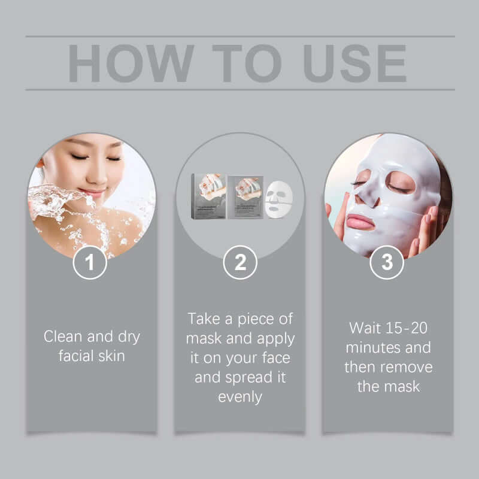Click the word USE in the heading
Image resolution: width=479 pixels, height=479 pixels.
tap(355, 63)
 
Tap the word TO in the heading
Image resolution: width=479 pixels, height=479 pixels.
tap(245, 63)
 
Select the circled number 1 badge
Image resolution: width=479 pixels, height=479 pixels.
tap(90, 262)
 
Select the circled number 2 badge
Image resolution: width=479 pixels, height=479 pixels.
tap(240, 262)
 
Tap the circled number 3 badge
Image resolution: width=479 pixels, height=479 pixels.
tap(387, 262)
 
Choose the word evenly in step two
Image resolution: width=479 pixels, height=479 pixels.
tap(240, 396)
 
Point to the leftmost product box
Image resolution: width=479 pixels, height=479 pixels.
tap(208, 196)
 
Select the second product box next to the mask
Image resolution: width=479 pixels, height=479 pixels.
tap(245, 196)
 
